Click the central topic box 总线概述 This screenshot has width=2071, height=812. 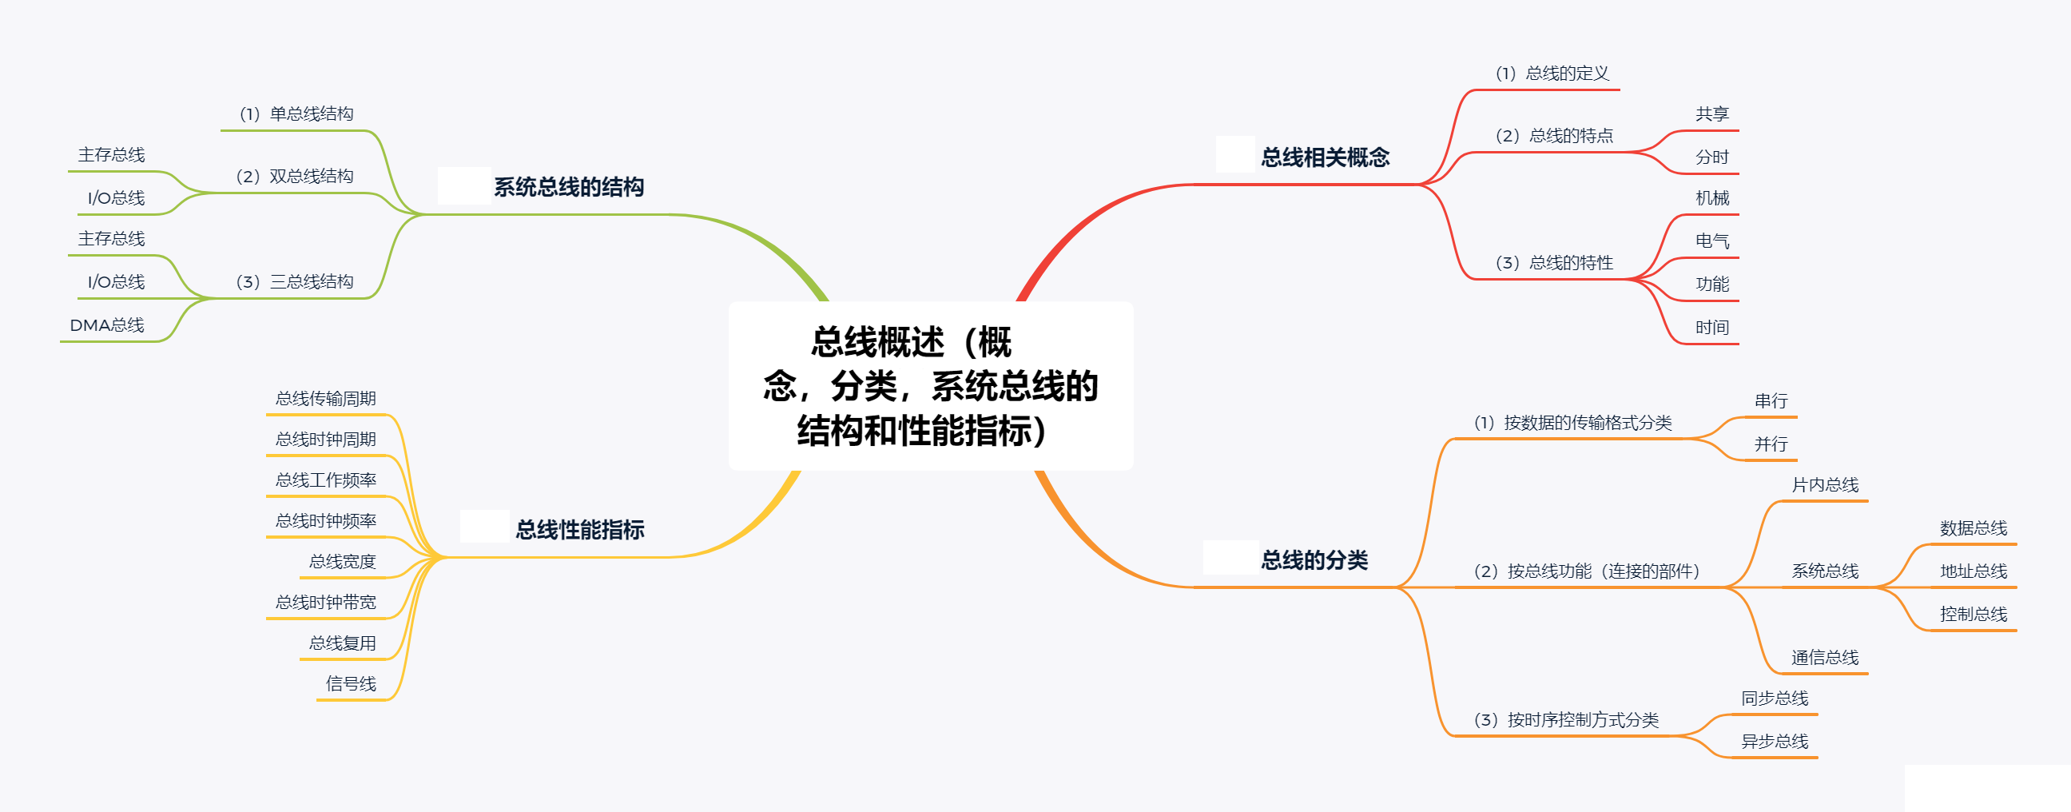coord(930,386)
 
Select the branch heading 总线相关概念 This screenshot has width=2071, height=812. coord(1325,157)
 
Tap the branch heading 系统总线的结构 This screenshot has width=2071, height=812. coord(568,187)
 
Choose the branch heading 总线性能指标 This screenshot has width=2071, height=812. coord(579,530)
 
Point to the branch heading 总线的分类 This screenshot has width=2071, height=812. coord(1314,560)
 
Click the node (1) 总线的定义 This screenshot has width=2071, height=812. coord(1552,74)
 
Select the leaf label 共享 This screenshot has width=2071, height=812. coord(1711,114)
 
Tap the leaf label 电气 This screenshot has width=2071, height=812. coord(1711,241)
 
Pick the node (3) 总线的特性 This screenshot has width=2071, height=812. coord(1553,263)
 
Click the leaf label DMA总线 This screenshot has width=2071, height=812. coord(107,325)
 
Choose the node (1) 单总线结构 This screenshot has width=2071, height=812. coord(296,114)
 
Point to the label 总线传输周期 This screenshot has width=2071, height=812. coord(326,399)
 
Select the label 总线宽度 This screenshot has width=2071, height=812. coord(343,562)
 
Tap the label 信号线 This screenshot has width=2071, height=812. coord(351,684)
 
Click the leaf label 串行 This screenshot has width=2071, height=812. coord(1771,401)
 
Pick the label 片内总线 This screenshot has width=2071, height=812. coord(1825,485)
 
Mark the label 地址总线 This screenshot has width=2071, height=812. coord(1973,571)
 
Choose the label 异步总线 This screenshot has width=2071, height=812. coord(1775,741)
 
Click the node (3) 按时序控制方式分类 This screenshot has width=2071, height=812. coord(1566,720)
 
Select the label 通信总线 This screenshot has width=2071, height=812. coord(1825,658)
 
